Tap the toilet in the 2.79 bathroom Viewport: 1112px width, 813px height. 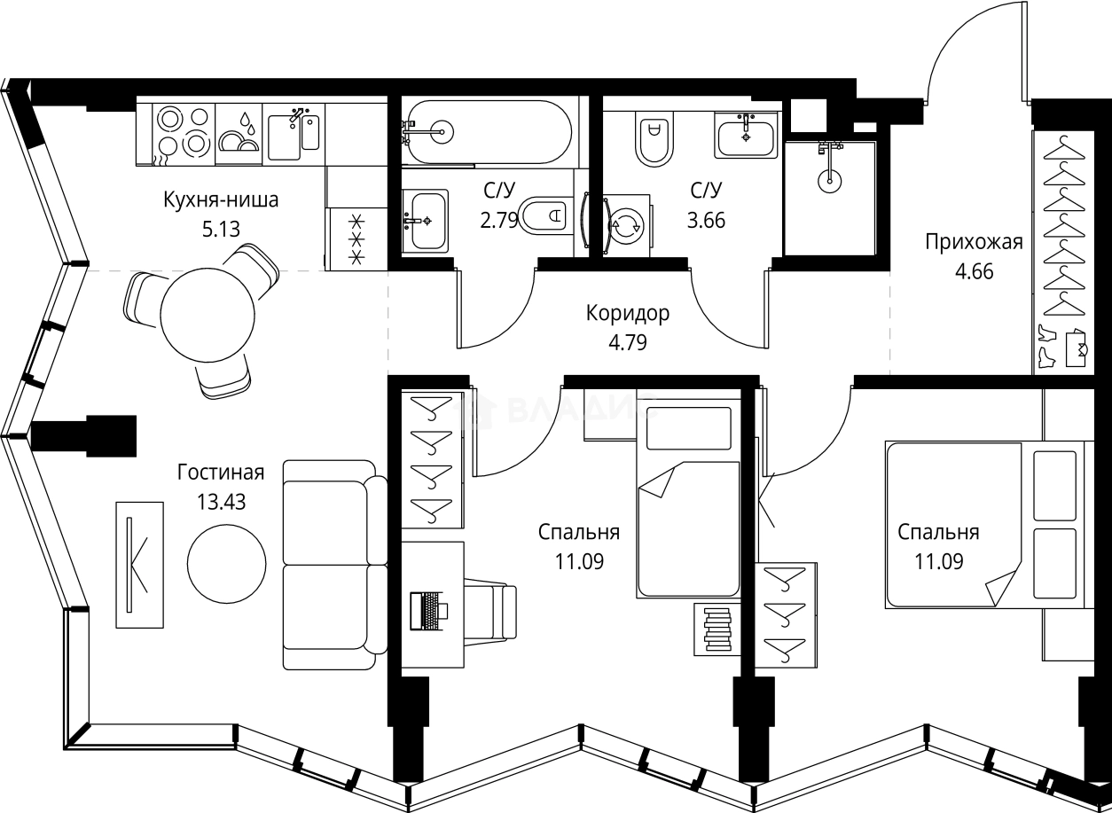(543, 215)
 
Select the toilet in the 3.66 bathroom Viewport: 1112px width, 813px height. (654, 141)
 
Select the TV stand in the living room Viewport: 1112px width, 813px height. (140, 565)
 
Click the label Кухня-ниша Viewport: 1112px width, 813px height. (221, 199)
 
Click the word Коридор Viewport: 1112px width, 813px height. (628, 313)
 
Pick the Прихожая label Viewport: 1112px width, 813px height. (974, 242)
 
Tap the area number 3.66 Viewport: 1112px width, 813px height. (706, 220)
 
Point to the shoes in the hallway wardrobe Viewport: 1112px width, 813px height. (1047, 346)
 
